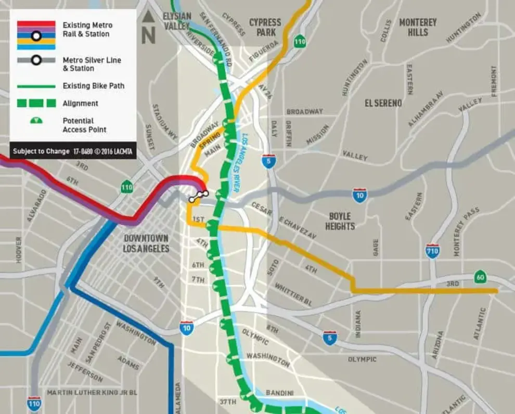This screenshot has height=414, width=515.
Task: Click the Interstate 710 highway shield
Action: click(432, 251)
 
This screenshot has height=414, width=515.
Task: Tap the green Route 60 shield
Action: click(480, 277)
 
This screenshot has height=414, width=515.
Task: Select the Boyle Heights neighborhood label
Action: click(340, 221)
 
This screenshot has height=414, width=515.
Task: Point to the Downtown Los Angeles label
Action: click(146, 243)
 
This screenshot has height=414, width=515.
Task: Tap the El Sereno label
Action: click(383, 103)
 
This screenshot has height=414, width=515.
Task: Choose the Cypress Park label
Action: click(265, 27)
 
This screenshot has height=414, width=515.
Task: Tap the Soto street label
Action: click(272, 267)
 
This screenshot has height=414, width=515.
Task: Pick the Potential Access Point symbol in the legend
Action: click(36, 121)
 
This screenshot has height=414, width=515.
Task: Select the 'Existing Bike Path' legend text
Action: click(94, 86)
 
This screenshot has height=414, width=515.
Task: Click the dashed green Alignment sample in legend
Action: click(36, 103)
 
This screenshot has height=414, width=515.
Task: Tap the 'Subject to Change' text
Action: click(41, 151)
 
